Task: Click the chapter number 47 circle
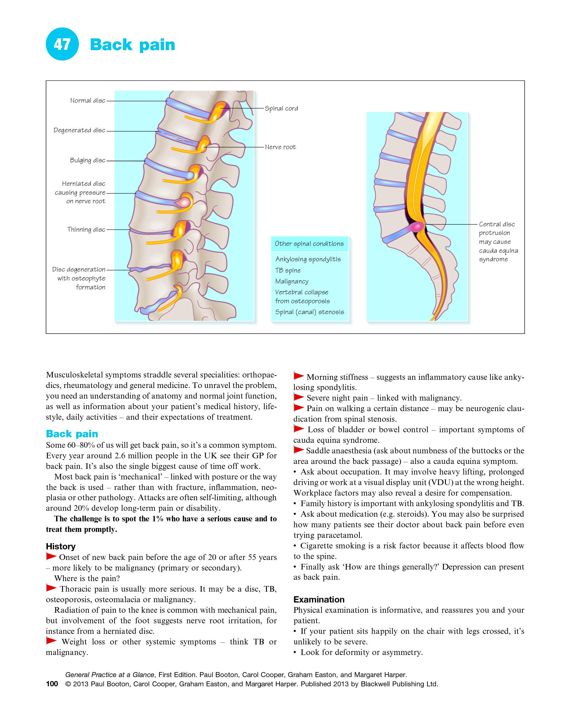[62, 44]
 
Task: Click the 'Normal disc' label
[87, 100]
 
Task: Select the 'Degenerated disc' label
[79, 130]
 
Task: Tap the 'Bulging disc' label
[87, 160]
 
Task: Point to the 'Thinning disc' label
[86, 229]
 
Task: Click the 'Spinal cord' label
[281, 109]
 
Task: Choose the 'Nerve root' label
[280, 147]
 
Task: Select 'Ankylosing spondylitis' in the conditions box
[308, 259]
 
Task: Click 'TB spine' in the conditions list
[288, 270]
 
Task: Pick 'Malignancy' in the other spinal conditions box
[292, 281]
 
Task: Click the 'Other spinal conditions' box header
[309, 244]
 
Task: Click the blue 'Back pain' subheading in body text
[72, 434]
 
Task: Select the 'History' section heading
[60, 546]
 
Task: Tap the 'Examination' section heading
[318, 600]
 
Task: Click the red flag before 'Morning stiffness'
[299, 376]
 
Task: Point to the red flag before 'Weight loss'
[51, 641]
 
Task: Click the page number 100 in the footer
[52, 684]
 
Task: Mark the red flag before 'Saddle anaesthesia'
[299, 450]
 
